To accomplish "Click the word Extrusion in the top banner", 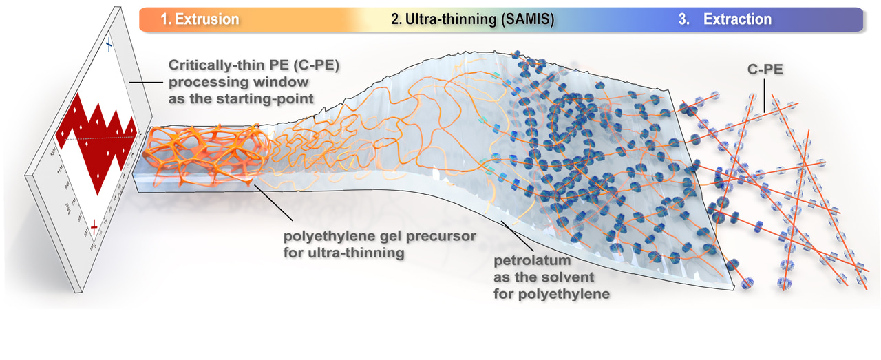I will (x=206, y=19).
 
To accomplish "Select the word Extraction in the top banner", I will (x=737, y=19).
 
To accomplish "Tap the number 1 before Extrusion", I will (x=166, y=19).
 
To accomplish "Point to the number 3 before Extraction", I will (x=683, y=19).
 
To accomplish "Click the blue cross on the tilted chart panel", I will (x=108, y=45).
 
